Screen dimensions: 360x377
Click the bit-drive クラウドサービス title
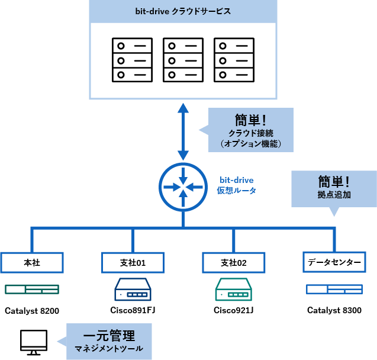pyautogui.click(x=182, y=11)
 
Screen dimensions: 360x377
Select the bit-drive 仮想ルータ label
pyautogui.click(x=236, y=185)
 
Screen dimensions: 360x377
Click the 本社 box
pyautogui.click(x=32, y=262)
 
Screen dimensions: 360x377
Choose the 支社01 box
pyautogui.click(x=133, y=262)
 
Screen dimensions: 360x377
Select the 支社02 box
pyautogui.click(x=233, y=262)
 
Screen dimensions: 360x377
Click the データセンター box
pyautogui.click(x=334, y=262)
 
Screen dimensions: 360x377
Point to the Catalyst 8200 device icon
pyautogui.click(x=32, y=290)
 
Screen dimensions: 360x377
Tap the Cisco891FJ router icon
pyautogui.click(x=133, y=290)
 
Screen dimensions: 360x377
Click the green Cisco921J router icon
pyautogui.click(x=233, y=290)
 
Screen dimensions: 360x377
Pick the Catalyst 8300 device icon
pyautogui.click(x=334, y=290)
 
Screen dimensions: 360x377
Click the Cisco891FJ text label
pyautogui.click(x=133, y=310)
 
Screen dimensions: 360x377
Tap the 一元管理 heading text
pyautogui.click(x=109, y=336)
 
